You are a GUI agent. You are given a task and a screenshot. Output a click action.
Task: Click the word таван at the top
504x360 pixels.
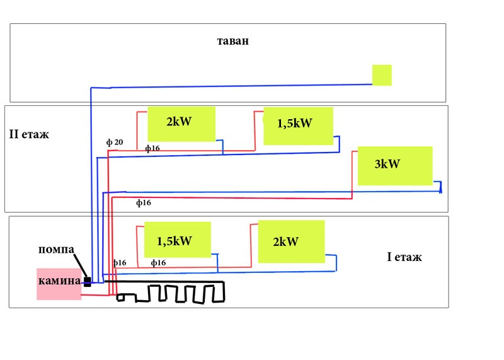[x=233, y=42]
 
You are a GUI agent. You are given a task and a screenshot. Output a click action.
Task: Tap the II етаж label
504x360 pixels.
[x=29, y=134]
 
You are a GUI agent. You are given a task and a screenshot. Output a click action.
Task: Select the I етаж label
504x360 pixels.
[x=404, y=257]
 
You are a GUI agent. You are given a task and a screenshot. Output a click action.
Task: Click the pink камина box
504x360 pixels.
[x=59, y=284]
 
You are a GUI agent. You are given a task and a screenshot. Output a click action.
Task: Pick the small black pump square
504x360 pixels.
[x=88, y=282]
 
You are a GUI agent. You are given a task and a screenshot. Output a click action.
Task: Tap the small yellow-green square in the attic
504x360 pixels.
[x=382, y=75]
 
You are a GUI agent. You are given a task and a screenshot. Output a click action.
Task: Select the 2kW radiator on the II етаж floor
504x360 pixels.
[x=181, y=124]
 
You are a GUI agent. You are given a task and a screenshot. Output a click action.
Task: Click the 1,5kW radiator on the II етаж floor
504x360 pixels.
[x=297, y=125]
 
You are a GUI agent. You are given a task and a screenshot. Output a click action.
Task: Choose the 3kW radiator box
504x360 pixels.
[x=395, y=165]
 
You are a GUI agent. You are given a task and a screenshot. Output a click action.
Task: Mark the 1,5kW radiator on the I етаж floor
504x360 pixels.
[x=178, y=240]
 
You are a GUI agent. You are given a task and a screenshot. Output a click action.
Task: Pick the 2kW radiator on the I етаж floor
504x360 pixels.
[x=291, y=241]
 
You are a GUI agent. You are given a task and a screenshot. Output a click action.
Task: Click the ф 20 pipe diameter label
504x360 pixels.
[x=115, y=142]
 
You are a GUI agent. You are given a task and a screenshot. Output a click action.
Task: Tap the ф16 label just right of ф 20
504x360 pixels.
[x=152, y=149]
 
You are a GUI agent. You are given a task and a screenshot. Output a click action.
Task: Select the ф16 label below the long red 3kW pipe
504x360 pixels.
[x=144, y=203]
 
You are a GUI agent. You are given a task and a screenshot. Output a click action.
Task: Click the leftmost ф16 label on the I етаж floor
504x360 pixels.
[x=120, y=262]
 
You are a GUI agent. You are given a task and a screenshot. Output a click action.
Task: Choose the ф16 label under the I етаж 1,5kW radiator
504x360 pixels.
[x=158, y=262]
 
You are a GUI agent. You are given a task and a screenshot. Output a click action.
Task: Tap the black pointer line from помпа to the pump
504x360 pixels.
[x=80, y=265]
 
